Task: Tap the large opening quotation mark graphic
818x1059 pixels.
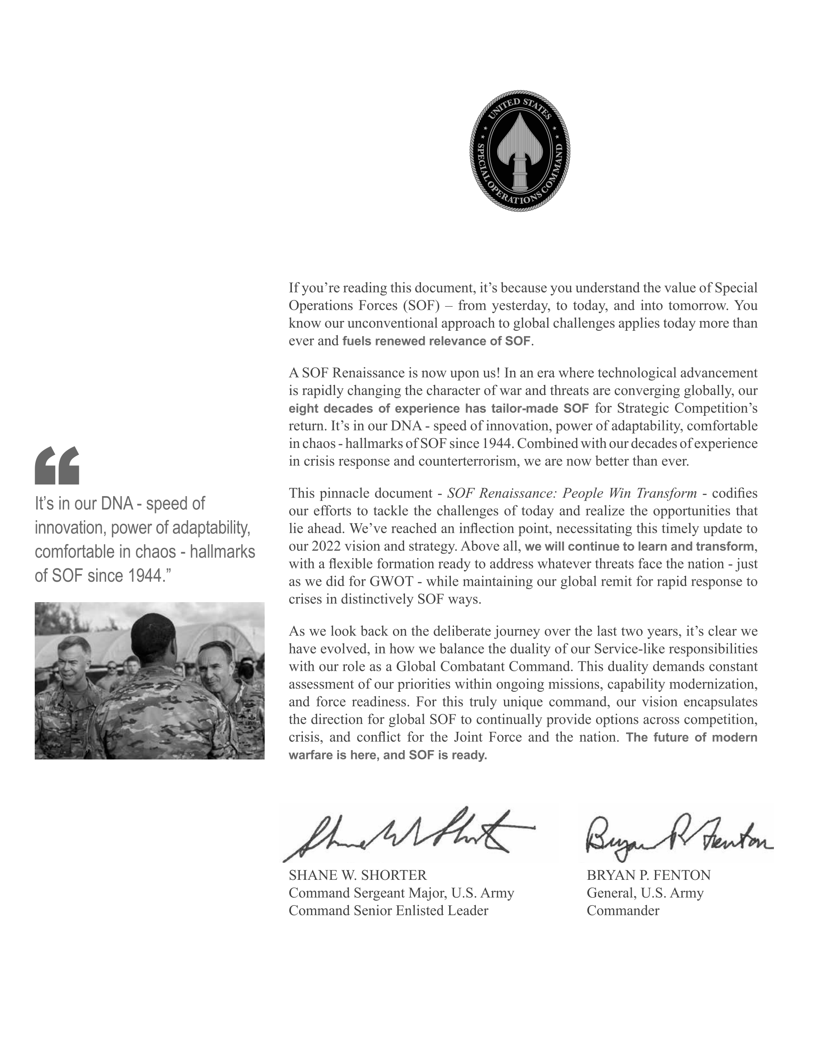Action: (x=57, y=465)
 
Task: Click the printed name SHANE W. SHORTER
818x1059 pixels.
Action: (x=358, y=875)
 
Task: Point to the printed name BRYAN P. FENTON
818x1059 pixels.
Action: (x=648, y=875)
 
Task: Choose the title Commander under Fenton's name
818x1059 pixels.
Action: (x=623, y=911)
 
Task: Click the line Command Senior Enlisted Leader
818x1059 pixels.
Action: (x=388, y=911)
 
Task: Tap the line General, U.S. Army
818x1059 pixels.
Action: (x=645, y=893)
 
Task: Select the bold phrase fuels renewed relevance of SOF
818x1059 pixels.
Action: (x=436, y=341)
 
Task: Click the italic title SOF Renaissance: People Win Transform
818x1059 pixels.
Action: (x=572, y=493)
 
